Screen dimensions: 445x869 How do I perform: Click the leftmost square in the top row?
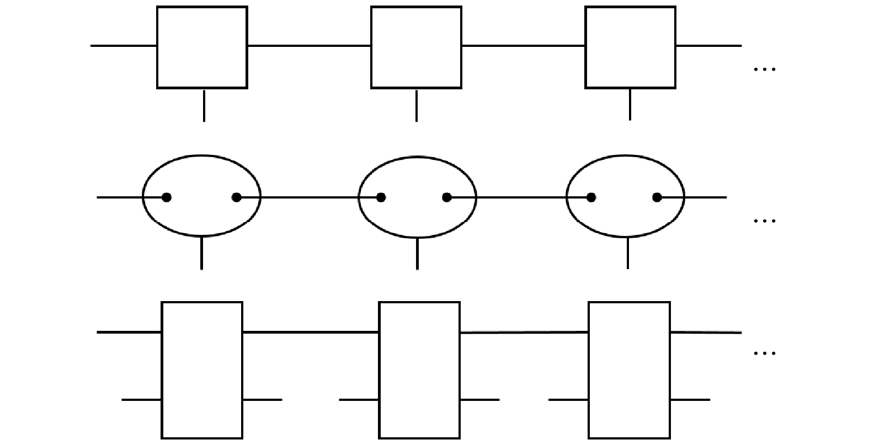202,47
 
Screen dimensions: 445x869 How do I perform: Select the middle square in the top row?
416,47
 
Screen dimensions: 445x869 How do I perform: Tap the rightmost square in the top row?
630,47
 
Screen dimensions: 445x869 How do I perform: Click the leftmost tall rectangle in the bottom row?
202,369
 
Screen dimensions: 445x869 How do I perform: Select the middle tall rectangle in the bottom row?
419,369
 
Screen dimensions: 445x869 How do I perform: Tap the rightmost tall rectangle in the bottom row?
629,369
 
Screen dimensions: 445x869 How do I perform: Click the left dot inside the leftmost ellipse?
167,197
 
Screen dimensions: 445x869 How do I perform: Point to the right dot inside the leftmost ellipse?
237,197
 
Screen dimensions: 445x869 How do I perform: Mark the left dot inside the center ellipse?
381,197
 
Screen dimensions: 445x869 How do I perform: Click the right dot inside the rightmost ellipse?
657,197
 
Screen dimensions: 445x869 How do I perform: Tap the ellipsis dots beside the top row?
764,69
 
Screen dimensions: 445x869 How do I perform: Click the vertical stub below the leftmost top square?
204,105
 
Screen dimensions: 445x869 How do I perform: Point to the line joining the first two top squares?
309,46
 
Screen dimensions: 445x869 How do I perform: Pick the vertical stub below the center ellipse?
417,253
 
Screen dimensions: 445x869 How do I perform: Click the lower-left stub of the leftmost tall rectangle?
141,399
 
